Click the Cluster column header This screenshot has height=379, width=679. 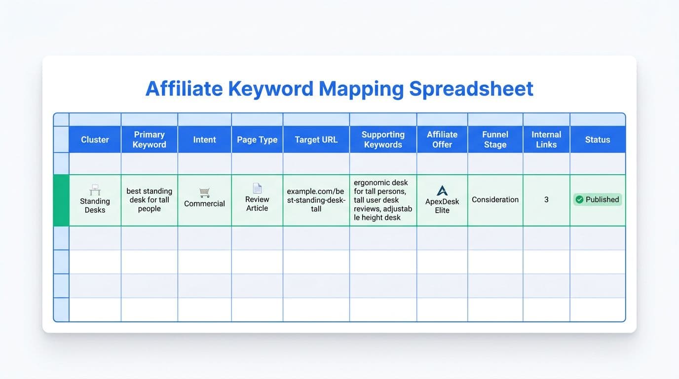[95, 140]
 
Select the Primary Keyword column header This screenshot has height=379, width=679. [149, 140]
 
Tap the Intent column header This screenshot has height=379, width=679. [204, 140]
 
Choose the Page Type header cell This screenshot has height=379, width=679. [257, 140]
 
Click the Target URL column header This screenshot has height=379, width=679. [316, 140]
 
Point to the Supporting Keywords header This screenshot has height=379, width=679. [383, 140]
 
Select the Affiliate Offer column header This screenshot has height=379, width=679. [442, 140]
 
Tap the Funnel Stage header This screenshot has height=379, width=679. [495, 140]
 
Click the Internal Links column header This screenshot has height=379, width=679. [546, 140]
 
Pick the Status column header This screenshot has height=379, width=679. [598, 140]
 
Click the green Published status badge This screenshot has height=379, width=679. [598, 200]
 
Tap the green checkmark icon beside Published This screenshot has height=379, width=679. [579, 200]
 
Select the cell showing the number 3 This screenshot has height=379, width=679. [546, 200]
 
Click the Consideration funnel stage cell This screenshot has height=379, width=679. [495, 200]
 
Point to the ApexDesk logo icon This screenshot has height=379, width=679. [442, 190]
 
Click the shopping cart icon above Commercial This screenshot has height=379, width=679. [204, 192]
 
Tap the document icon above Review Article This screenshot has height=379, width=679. [257, 188]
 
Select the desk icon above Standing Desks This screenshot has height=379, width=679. [95, 190]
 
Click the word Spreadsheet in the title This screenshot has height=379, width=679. [471, 89]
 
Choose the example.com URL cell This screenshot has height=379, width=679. [316, 200]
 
